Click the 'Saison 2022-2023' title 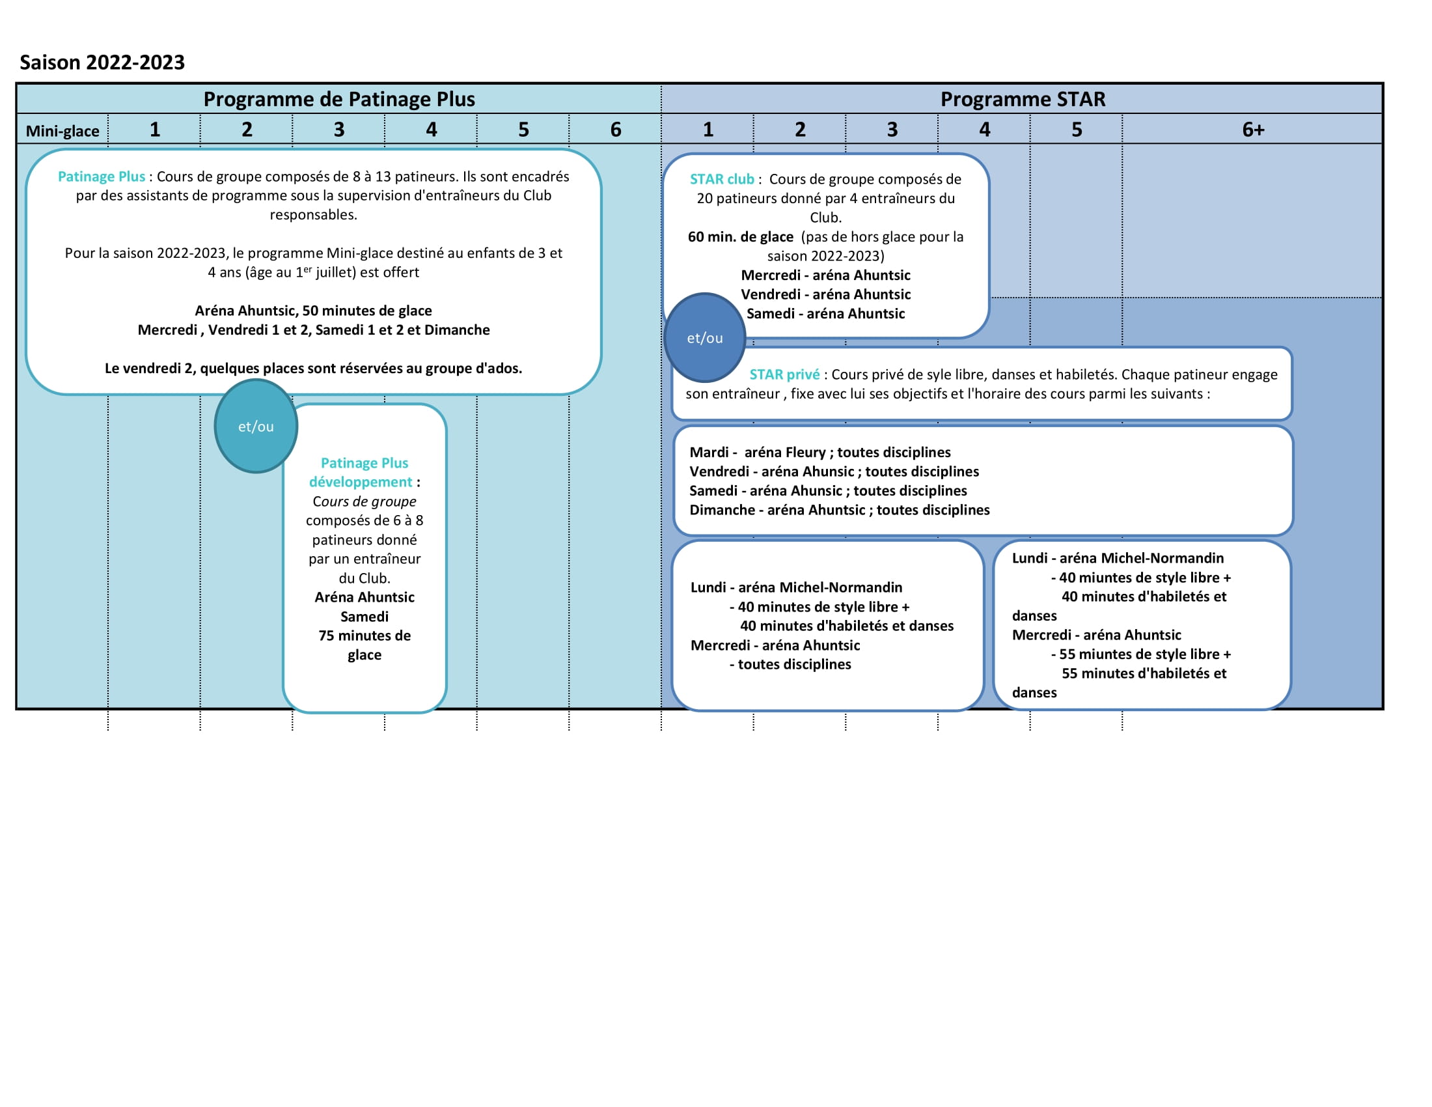point(102,63)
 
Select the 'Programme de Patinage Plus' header point(339,99)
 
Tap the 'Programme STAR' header point(1023,99)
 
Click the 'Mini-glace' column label point(62,131)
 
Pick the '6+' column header point(1253,130)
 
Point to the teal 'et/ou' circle point(256,427)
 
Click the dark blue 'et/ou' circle point(705,338)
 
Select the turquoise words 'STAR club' point(722,179)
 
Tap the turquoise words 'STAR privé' point(784,374)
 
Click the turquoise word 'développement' point(361,482)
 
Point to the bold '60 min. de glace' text point(740,237)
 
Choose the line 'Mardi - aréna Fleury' point(758,453)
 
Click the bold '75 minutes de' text point(365,636)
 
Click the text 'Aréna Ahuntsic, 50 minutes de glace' point(314,311)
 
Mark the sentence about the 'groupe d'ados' point(314,369)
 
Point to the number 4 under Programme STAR point(984,130)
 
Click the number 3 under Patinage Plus point(339,130)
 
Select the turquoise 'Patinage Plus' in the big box point(102,176)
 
